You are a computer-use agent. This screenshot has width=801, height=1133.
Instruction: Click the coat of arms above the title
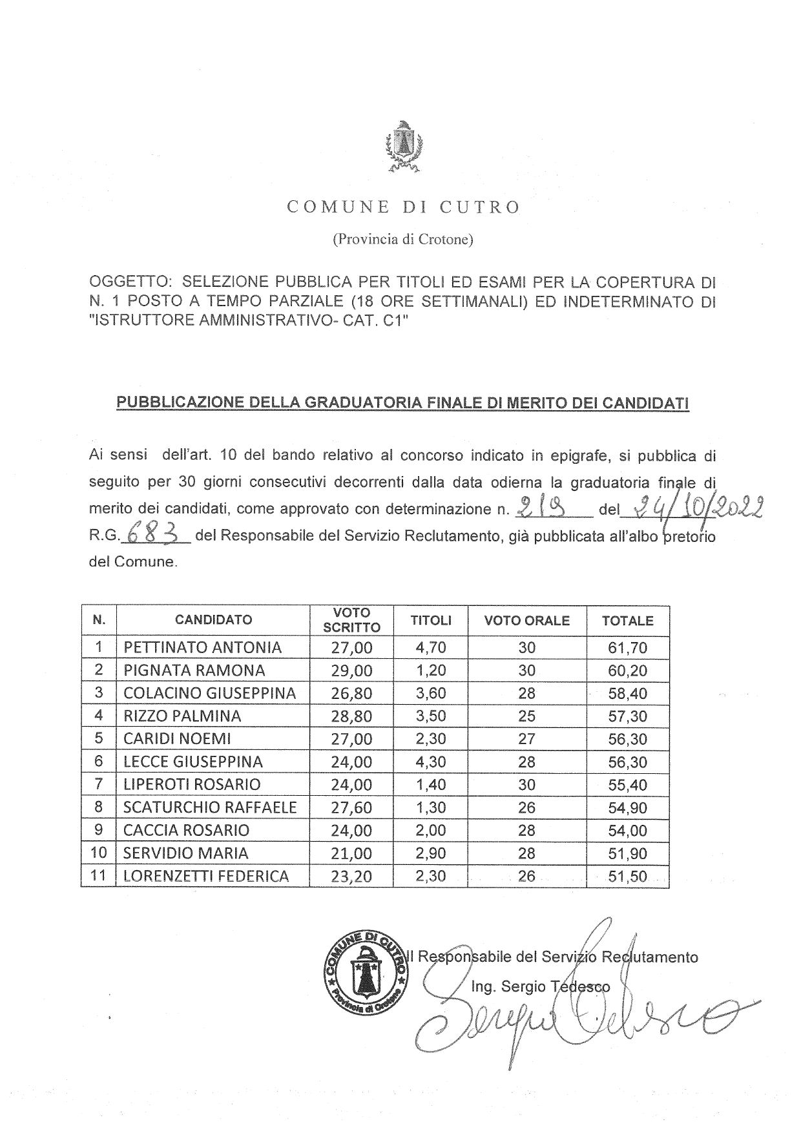point(402,147)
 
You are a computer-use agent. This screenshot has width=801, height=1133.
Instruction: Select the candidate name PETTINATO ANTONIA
point(202,647)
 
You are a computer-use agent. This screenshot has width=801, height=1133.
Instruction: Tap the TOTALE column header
point(627,621)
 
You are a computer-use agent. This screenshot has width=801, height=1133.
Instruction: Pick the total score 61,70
point(627,648)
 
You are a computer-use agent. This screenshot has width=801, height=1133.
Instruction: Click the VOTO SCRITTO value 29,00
point(351,670)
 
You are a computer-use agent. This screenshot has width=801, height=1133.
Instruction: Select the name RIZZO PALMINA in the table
point(182,716)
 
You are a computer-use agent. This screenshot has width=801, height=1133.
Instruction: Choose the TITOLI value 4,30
point(431,762)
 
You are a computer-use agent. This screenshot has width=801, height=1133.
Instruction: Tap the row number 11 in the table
point(98,876)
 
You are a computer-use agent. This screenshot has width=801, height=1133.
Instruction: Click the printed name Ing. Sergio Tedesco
point(540,986)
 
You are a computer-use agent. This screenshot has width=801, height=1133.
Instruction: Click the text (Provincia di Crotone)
point(402,240)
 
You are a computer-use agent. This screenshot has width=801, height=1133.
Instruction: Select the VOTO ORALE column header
point(526,621)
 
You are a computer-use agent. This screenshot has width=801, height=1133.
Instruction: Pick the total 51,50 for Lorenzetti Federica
point(627,877)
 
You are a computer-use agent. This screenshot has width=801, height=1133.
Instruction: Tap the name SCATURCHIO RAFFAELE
point(210,807)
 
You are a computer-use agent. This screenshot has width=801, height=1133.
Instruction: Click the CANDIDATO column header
point(213,620)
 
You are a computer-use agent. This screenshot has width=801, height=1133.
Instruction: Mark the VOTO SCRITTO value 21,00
point(351,853)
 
